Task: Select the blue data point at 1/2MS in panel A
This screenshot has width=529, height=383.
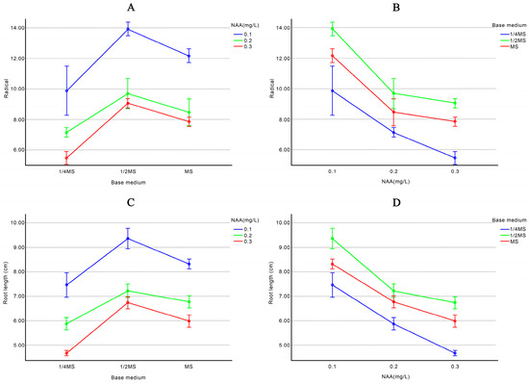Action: point(128,29)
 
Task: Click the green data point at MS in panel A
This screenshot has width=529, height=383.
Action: point(189,113)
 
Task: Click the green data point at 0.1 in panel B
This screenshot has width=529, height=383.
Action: point(332,29)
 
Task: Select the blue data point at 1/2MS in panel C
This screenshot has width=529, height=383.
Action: point(128,239)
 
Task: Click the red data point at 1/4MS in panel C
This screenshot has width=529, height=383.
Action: point(66,353)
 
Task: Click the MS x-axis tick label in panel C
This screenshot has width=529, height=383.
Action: point(189,367)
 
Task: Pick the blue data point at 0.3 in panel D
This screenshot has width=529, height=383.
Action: point(455,353)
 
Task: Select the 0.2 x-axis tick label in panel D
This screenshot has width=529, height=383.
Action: point(393,367)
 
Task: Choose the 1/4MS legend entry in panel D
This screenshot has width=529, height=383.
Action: point(504,229)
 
